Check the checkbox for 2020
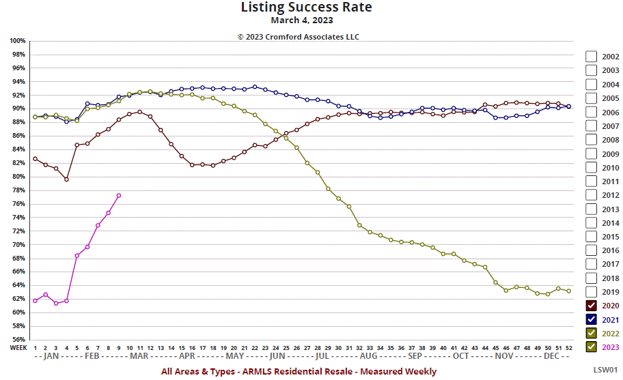pyautogui.click(x=592, y=306)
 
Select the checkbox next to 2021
pyautogui.click(x=592, y=319)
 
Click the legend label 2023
pyautogui.click(x=610, y=347)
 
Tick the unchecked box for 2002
pyautogui.click(x=592, y=57)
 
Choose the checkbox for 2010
pyautogui.click(x=592, y=167)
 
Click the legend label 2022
pyautogui.click(x=610, y=333)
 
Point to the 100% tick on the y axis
pyautogui.click(x=18, y=41)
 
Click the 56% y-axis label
pyautogui.click(x=19, y=339)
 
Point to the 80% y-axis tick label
pyautogui.click(x=19, y=177)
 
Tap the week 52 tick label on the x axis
pyautogui.click(x=569, y=347)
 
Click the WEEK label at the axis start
pyautogui.click(x=18, y=347)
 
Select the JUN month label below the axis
pyautogui.click(x=277, y=356)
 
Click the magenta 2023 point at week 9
pyautogui.click(x=119, y=196)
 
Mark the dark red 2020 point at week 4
pyautogui.click(x=66, y=179)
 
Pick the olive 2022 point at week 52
pyautogui.click(x=569, y=291)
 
